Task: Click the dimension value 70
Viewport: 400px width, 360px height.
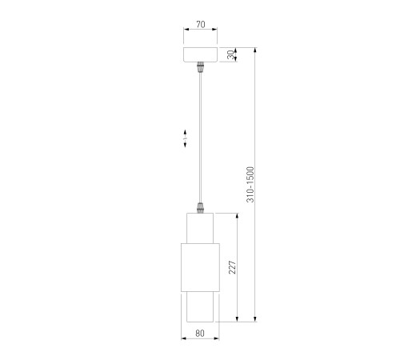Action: pyautogui.click(x=201, y=25)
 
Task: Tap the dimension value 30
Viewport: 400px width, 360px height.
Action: pyautogui.click(x=231, y=54)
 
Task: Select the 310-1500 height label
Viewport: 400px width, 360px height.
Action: pyautogui.click(x=250, y=185)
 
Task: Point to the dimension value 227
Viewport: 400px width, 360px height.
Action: pyautogui.click(x=232, y=267)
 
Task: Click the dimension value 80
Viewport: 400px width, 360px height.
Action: pyautogui.click(x=200, y=334)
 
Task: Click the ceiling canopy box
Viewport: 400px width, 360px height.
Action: pyautogui.click(x=200, y=54)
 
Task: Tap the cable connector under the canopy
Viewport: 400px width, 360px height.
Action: pyautogui.click(x=200, y=67)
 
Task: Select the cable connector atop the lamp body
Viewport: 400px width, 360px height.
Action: pyautogui.click(x=200, y=208)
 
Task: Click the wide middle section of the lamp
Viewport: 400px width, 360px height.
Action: pyautogui.click(x=200, y=267)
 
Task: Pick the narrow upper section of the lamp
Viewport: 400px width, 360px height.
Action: pyautogui.click(x=200, y=228)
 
